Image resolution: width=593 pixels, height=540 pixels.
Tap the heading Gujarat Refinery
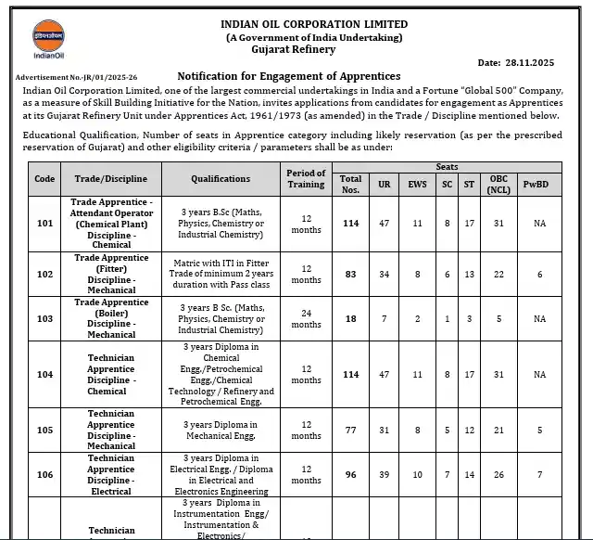(314, 49)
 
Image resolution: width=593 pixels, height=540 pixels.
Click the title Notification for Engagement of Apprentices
(288, 76)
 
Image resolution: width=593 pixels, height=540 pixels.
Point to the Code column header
(44, 178)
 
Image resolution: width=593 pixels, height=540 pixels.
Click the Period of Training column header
(306, 178)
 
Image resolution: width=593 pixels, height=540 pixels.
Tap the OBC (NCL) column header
(499, 184)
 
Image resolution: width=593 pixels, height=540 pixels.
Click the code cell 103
(44, 318)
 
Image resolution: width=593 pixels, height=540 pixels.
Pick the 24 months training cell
(306, 318)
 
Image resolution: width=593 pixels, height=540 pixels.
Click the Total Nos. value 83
(350, 274)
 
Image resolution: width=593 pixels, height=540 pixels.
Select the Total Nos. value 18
(350, 318)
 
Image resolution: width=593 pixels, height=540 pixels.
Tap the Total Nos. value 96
(350, 474)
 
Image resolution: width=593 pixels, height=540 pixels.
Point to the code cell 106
(44, 474)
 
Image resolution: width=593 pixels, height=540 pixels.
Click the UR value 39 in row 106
(385, 474)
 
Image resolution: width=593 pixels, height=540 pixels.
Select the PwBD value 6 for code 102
(539, 274)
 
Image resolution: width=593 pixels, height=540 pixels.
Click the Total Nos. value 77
(350, 430)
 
